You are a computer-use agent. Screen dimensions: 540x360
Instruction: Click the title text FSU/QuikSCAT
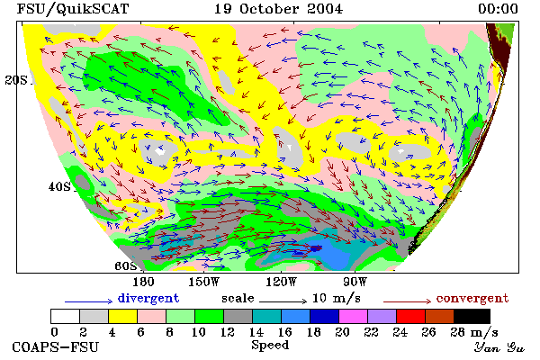pos(73,9)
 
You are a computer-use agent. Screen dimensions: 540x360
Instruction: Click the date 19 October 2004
pos(278,9)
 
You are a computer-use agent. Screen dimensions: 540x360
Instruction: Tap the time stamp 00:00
pos(498,9)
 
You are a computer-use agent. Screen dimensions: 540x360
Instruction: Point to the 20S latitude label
pos(16,80)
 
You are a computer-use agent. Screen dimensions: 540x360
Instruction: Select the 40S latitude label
pos(59,186)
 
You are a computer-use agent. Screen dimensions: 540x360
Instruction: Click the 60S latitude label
pos(126,266)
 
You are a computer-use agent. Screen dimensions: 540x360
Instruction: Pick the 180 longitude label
pos(143,282)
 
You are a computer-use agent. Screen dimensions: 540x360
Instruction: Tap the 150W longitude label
pos(204,282)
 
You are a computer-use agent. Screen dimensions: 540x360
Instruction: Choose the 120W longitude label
pos(281,282)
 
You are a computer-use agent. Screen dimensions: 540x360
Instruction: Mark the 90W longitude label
pos(355,282)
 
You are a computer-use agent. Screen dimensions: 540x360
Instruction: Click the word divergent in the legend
pos(148,298)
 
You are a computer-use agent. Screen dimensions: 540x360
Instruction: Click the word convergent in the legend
pos(472,298)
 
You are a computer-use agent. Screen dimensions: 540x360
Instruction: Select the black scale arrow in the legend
pos(283,301)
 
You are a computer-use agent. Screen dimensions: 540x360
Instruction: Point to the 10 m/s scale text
pos(337,298)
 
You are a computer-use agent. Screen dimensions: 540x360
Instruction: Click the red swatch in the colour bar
pos(410,316)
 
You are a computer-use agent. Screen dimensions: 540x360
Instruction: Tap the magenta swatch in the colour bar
pos(353,316)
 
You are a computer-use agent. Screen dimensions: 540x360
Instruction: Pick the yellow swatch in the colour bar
pos(122,316)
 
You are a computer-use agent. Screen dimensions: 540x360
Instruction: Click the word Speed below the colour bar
pos(270,346)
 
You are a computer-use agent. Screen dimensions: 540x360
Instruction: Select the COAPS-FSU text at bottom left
pos(56,346)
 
